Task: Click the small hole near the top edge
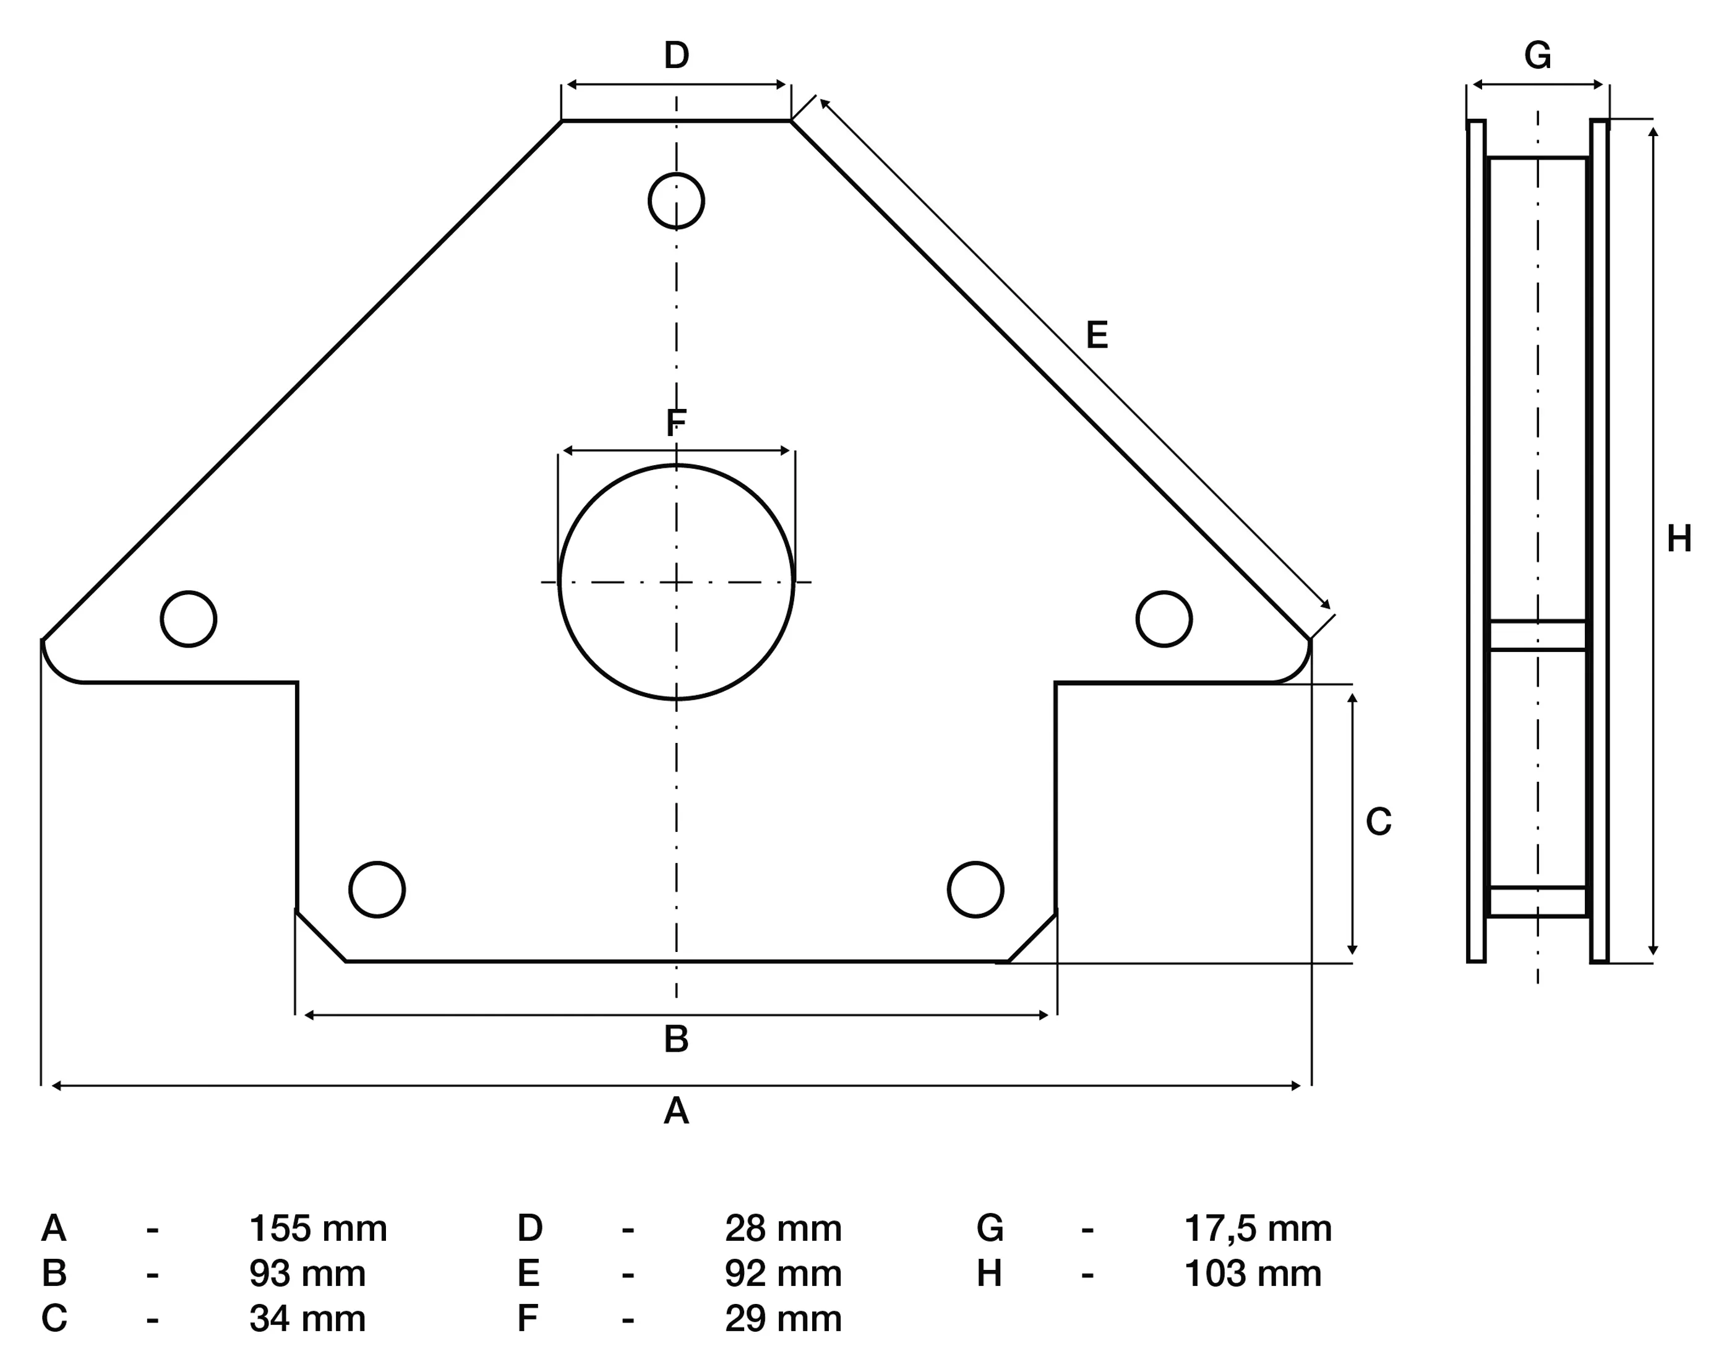[x=677, y=201]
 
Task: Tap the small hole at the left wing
[x=189, y=619]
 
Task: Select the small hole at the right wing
[x=1164, y=619]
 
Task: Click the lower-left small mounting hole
[x=377, y=890]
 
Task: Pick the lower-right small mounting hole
[x=975, y=890]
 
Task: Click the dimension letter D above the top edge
[x=677, y=56]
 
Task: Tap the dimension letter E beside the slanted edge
[x=1097, y=335]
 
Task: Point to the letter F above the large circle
[x=677, y=422]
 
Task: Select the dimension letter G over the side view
[x=1538, y=56]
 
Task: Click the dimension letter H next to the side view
[x=1679, y=539]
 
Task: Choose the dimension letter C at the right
[x=1379, y=821]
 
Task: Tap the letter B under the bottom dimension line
[x=677, y=1039]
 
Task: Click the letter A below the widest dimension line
[x=677, y=1112]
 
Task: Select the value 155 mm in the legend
[x=318, y=1229]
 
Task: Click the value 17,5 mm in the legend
[x=1258, y=1229]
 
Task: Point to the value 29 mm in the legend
[x=783, y=1319]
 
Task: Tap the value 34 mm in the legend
[x=307, y=1319]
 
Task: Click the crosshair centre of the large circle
[x=677, y=582]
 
